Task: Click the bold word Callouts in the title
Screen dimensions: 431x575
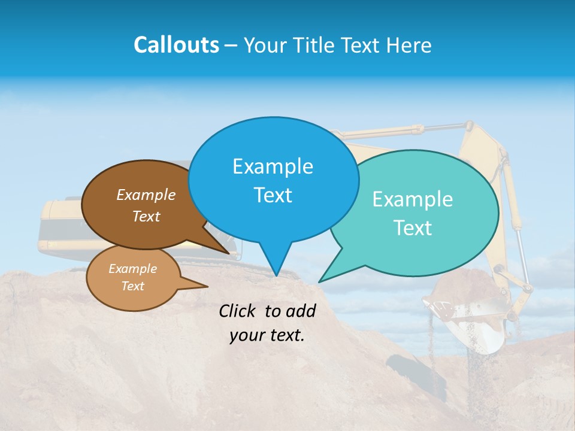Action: pyautogui.click(x=176, y=45)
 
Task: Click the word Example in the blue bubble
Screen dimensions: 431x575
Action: pyautogui.click(x=273, y=166)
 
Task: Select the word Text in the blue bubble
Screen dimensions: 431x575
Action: pyautogui.click(x=273, y=195)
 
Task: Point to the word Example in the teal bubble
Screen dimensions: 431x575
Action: pyautogui.click(x=413, y=199)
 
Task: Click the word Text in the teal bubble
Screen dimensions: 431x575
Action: pyautogui.click(x=413, y=228)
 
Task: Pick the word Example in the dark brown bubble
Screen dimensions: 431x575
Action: pyautogui.click(x=146, y=195)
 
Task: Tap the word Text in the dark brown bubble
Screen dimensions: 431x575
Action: pyautogui.click(x=146, y=216)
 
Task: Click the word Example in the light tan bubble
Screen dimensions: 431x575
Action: pyautogui.click(x=132, y=269)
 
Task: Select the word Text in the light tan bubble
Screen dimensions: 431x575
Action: pyautogui.click(x=132, y=286)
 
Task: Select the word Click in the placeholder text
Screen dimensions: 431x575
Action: pyautogui.click(x=239, y=311)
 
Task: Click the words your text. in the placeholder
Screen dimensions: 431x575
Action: pyautogui.click(x=267, y=335)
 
